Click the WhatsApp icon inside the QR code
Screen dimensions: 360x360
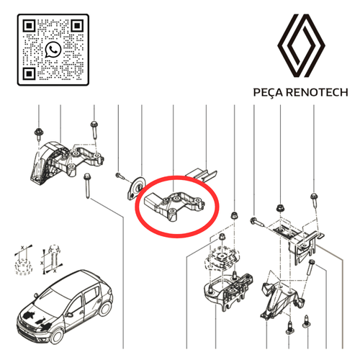(x=53, y=50)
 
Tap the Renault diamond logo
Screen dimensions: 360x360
(x=301, y=45)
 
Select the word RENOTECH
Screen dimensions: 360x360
(x=318, y=92)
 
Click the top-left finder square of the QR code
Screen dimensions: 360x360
(x=29, y=26)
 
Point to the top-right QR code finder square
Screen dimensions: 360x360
(x=77, y=26)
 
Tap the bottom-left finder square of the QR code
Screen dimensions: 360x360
(x=29, y=73)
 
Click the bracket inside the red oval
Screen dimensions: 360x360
(x=174, y=206)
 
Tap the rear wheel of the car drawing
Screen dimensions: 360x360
(x=105, y=309)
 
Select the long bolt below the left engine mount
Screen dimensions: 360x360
(x=87, y=186)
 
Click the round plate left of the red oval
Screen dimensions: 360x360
(x=136, y=188)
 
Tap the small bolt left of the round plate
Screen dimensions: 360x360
(x=120, y=176)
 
